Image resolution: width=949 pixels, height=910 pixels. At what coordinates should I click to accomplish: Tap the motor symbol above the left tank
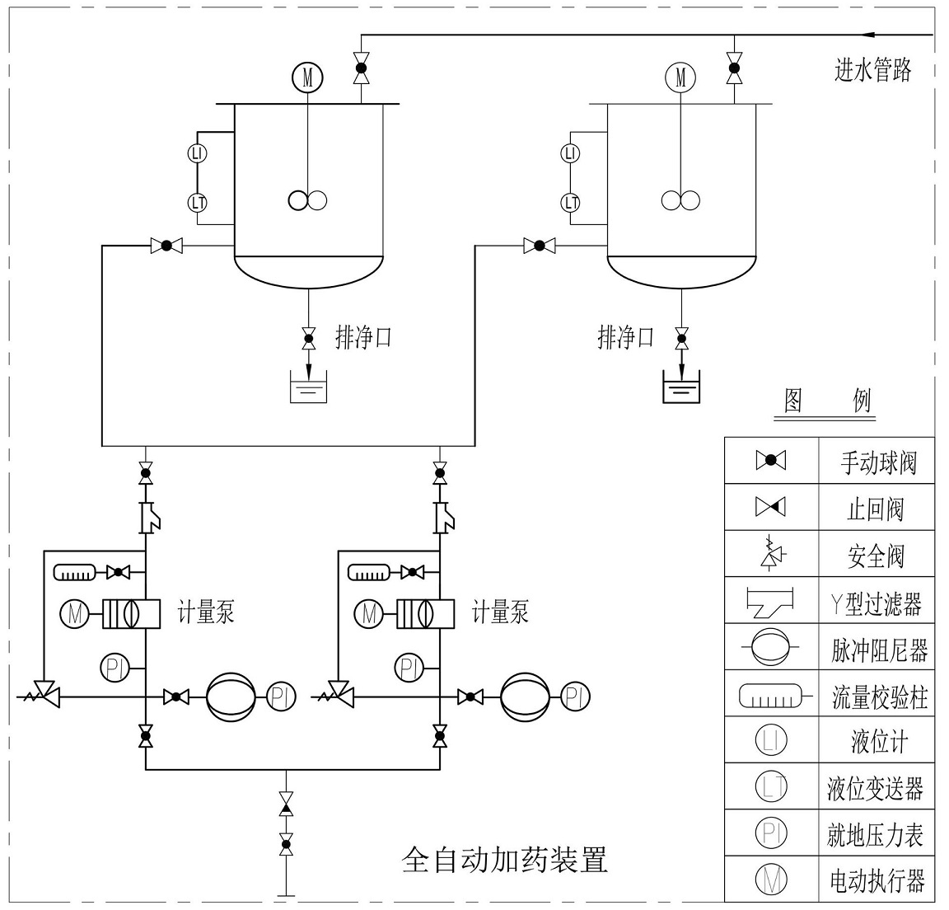[307, 77]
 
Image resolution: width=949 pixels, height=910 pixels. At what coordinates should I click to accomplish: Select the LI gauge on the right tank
[569, 153]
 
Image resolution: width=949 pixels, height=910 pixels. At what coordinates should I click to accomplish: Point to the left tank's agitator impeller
[307, 199]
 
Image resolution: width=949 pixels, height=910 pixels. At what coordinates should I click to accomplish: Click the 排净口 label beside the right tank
[625, 336]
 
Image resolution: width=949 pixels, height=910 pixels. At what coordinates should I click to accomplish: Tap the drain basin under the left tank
[308, 389]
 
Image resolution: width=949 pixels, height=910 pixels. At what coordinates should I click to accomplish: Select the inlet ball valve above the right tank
[732, 67]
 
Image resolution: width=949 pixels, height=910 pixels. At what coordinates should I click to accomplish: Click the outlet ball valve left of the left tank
[166, 245]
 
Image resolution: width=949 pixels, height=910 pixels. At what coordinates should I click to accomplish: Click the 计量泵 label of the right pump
[500, 612]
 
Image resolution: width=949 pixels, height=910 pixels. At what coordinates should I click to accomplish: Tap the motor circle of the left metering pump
[75, 613]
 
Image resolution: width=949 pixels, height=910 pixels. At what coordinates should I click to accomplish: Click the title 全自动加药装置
[505, 860]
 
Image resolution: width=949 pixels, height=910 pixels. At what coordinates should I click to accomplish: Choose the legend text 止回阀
[876, 508]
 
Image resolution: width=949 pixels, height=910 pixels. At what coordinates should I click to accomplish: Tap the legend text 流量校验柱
[879, 698]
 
